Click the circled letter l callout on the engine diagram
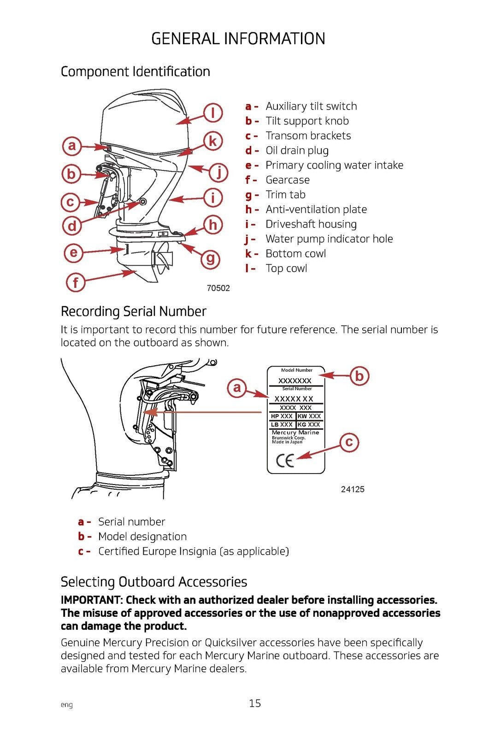pyautogui.click(x=213, y=113)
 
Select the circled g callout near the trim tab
pyautogui.click(x=210, y=258)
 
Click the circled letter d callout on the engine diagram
pyautogui.click(x=72, y=226)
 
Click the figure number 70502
pyautogui.click(x=218, y=288)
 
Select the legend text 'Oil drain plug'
pyautogui.click(x=297, y=151)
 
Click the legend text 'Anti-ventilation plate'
pyautogui.click(x=316, y=210)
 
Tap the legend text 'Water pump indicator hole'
pyautogui.click(x=329, y=239)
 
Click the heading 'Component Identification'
pyautogui.click(x=135, y=72)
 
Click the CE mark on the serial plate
pyautogui.click(x=285, y=460)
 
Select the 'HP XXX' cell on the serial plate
pyautogui.click(x=282, y=416)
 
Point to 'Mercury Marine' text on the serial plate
pyautogui.click(x=295, y=433)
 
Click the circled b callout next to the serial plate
pyautogui.click(x=359, y=376)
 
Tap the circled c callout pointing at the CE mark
pyautogui.click(x=349, y=442)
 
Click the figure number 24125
pyautogui.click(x=353, y=490)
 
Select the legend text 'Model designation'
pyautogui.click(x=142, y=537)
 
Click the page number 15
pyautogui.click(x=255, y=703)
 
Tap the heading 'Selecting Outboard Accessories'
pyautogui.click(x=154, y=582)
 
